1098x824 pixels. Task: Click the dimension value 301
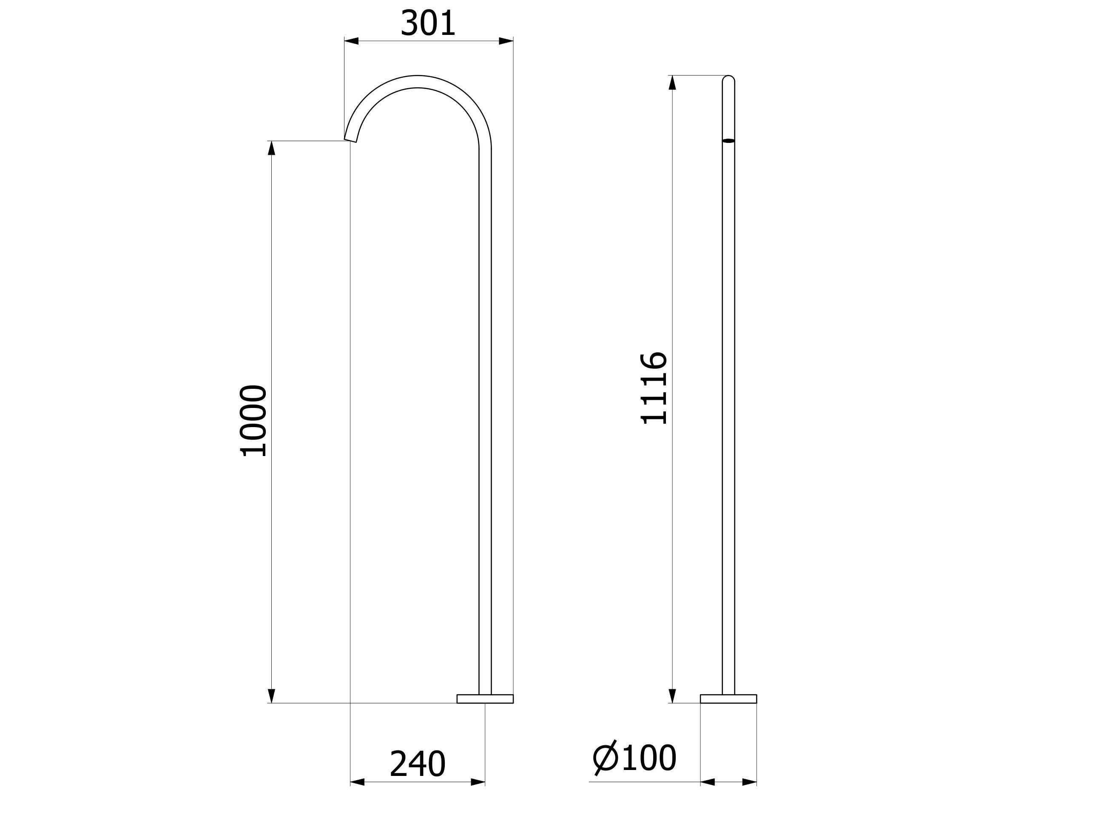click(x=427, y=24)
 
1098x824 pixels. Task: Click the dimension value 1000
click(x=253, y=421)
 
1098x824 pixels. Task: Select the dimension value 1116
click(x=654, y=388)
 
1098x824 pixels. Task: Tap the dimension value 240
click(x=418, y=764)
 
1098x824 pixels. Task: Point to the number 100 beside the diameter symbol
click(x=649, y=758)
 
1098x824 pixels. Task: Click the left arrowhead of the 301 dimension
click(x=351, y=41)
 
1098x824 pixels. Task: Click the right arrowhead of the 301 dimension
click(x=506, y=41)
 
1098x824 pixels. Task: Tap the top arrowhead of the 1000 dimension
click(x=271, y=148)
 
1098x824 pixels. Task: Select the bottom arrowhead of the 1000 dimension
click(x=271, y=696)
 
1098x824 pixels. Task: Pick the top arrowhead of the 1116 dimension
click(x=673, y=83)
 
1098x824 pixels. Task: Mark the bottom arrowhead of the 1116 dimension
click(x=673, y=696)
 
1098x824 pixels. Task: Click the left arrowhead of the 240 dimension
click(x=357, y=782)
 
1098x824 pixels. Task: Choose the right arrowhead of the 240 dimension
click(x=478, y=782)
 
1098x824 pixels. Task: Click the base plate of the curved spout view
click(x=485, y=699)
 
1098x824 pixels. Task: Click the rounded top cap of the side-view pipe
click(x=728, y=78)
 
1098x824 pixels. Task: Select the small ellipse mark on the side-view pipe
click(x=728, y=141)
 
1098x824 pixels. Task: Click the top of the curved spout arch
click(x=418, y=81)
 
